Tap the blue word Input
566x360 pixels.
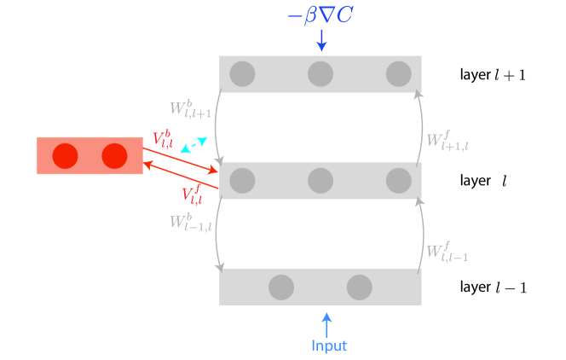[x=329, y=345]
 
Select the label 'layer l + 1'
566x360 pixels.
[x=492, y=74]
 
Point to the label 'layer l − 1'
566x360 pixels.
[x=493, y=287]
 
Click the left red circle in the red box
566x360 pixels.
[x=66, y=155]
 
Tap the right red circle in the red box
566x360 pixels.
[x=114, y=155]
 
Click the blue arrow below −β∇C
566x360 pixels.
[x=321, y=40]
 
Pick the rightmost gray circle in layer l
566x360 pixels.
[x=398, y=180]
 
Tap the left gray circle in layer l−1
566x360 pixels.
[x=281, y=287]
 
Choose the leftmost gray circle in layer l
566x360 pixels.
[x=242, y=180]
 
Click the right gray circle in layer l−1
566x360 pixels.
[x=359, y=287]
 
